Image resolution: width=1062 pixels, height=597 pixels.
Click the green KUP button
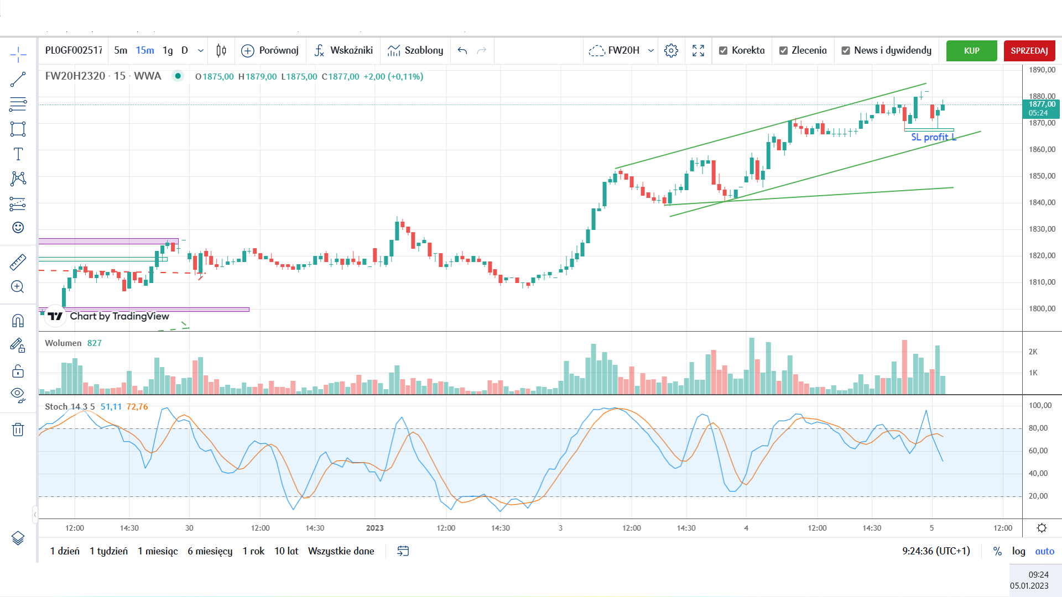click(971, 51)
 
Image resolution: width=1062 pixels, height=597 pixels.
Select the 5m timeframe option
click(121, 50)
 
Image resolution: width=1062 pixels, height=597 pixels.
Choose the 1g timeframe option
click(168, 50)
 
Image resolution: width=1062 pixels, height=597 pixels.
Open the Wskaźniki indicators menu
click(343, 50)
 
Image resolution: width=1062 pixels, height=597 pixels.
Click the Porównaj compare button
click(270, 50)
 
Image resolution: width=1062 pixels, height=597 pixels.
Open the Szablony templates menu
click(415, 50)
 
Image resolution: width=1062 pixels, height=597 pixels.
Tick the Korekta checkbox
click(723, 51)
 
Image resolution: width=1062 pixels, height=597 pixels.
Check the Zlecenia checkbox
click(783, 51)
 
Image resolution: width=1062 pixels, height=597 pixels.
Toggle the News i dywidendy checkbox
click(846, 51)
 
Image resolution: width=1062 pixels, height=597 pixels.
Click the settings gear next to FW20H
click(671, 51)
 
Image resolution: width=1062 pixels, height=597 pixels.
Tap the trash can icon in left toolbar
click(18, 430)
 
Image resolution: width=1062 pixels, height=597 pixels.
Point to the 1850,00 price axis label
click(1042, 176)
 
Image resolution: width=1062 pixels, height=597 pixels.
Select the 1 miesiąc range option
click(158, 551)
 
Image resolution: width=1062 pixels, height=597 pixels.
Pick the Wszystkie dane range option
click(341, 551)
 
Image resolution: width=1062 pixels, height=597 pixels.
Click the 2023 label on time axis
click(374, 528)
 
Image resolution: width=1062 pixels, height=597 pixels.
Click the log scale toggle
click(1018, 551)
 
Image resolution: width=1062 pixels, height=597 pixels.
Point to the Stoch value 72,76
click(137, 407)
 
